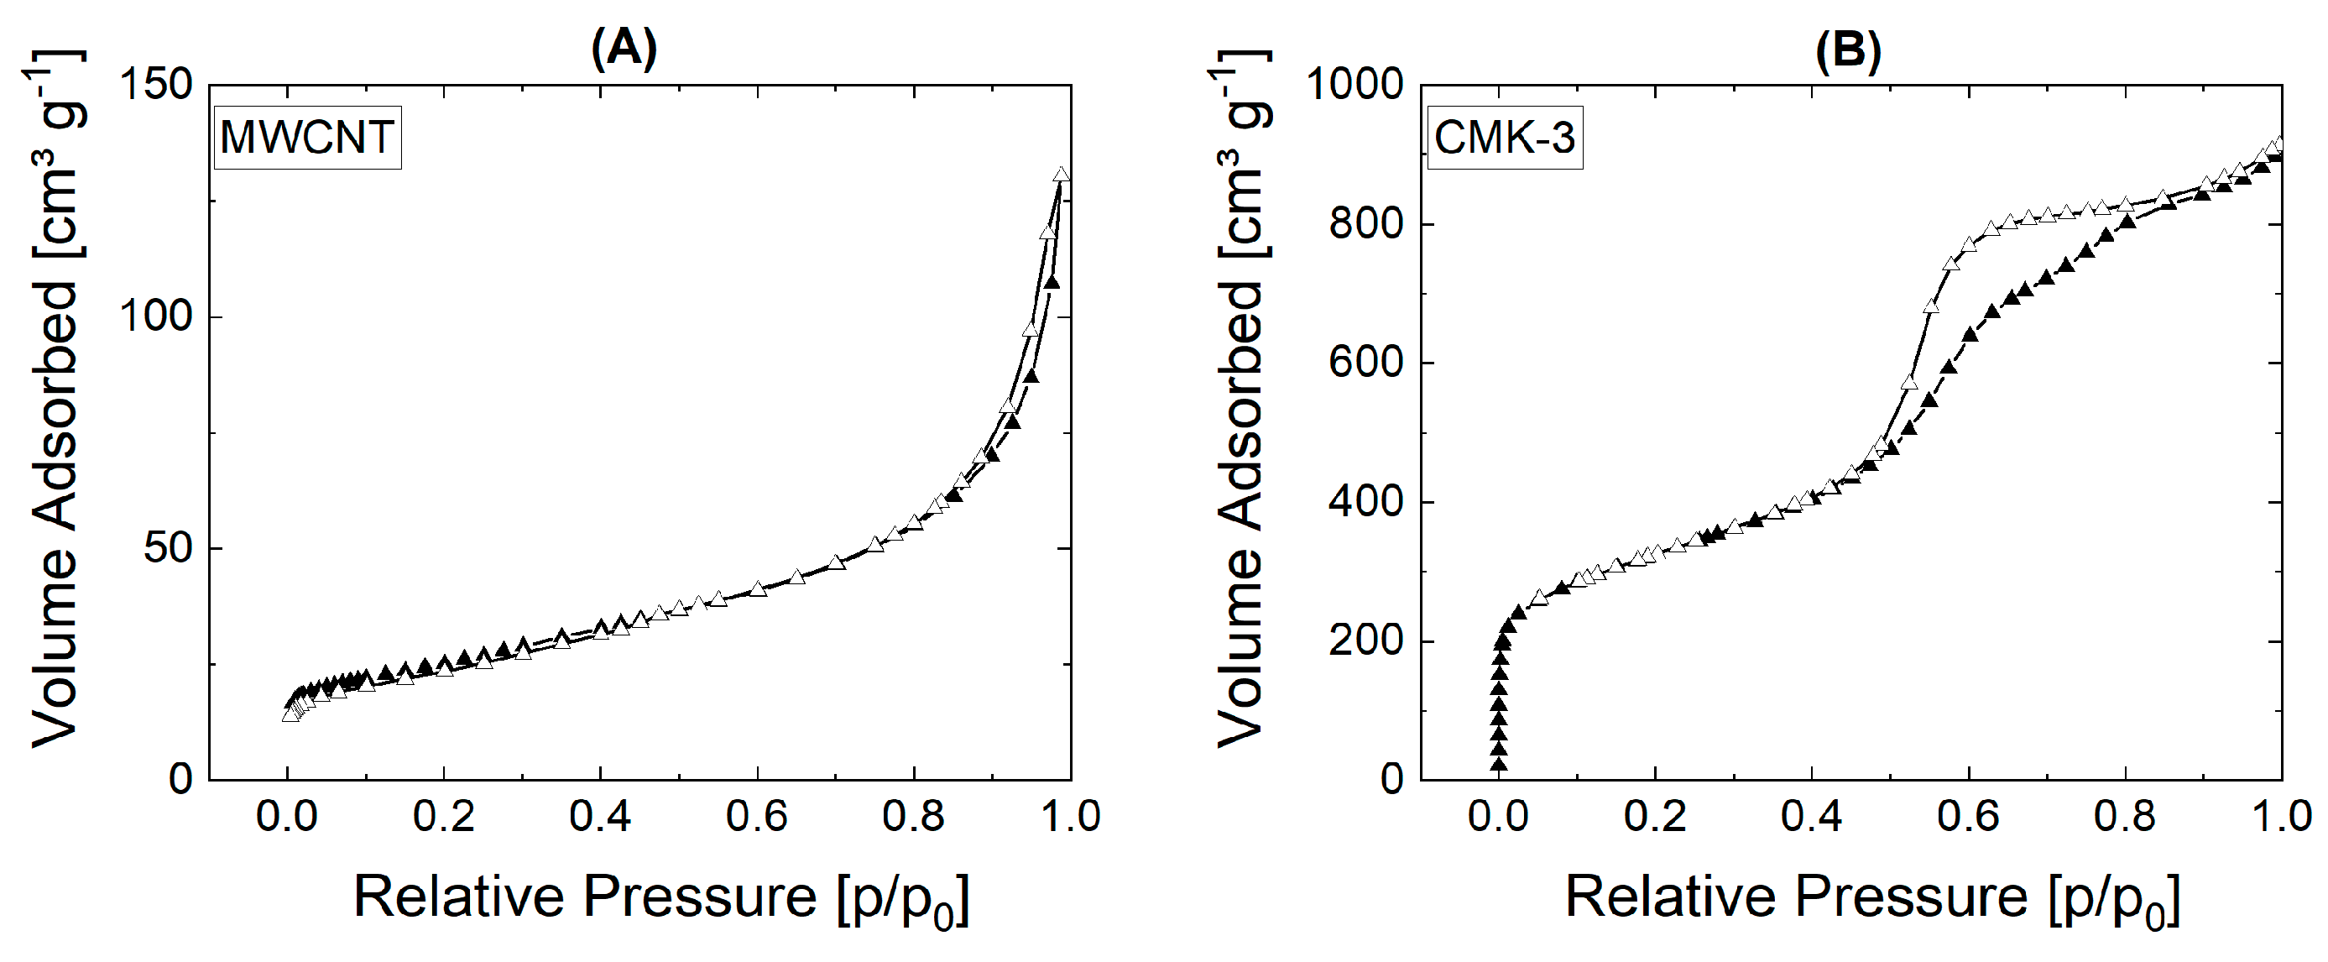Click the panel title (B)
click(x=1848, y=49)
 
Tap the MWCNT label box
click(x=307, y=138)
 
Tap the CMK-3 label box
click(x=1505, y=138)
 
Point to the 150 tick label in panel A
click(x=157, y=85)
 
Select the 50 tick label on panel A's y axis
click(x=169, y=548)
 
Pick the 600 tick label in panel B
click(x=1366, y=363)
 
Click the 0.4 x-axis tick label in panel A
click(x=600, y=817)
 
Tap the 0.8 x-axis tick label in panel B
click(x=2125, y=817)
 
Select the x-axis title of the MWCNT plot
click(x=660, y=898)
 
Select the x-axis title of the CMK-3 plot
click(x=1871, y=898)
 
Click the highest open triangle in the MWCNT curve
click(x=1062, y=175)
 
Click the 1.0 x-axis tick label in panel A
click(x=1070, y=817)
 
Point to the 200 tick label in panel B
click(x=1366, y=641)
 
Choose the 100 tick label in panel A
click(x=157, y=316)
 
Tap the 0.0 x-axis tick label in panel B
click(x=1498, y=817)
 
